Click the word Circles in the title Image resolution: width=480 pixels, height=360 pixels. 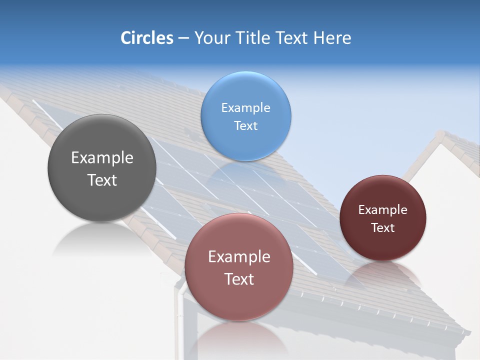[x=146, y=38]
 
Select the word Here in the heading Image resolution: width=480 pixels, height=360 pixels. [x=332, y=38]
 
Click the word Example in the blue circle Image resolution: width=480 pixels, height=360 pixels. [x=245, y=107]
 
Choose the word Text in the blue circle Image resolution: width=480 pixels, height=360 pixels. [x=245, y=125]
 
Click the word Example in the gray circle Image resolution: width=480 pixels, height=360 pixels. [x=102, y=157]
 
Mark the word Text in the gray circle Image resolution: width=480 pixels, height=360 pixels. [x=102, y=180]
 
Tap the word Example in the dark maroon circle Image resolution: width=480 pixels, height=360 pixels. [x=383, y=209]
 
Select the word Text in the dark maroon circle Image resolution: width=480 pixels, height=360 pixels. [x=383, y=227]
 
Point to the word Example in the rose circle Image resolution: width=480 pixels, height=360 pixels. [x=239, y=256]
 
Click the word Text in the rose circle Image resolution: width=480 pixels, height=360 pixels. [x=239, y=279]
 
